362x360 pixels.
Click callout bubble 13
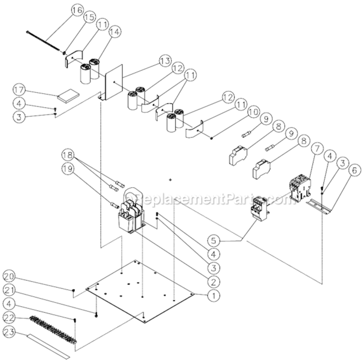click(165, 61)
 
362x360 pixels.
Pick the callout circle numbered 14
click(115, 32)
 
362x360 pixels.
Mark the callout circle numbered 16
click(77, 10)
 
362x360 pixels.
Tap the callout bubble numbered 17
click(19, 90)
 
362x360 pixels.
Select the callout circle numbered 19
click(68, 168)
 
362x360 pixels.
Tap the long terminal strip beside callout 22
click(53, 329)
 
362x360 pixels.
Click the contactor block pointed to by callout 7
click(300, 186)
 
